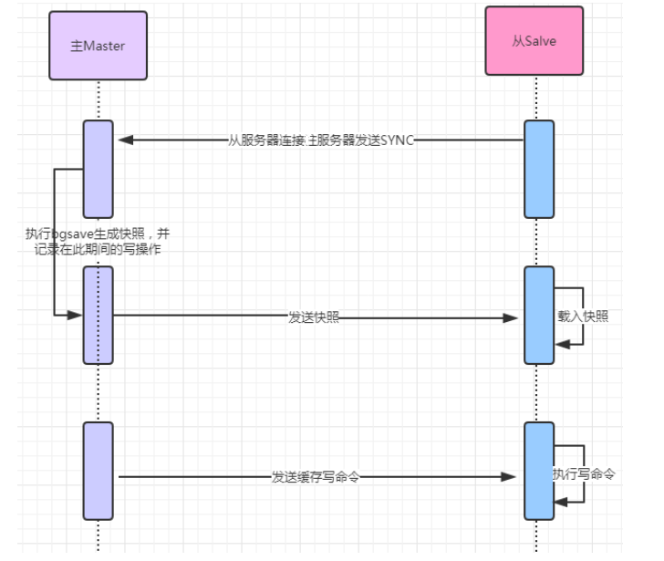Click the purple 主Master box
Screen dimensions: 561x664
pyautogui.click(x=98, y=46)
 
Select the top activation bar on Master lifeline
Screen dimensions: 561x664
pyautogui.click(x=98, y=169)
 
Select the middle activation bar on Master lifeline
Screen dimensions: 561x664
pyautogui.click(x=98, y=315)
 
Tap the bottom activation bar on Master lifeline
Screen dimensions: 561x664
pyautogui.click(x=98, y=470)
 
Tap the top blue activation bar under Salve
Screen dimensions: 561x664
pyautogui.click(x=538, y=169)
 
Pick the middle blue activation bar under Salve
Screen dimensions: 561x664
pyautogui.click(x=538, y=315)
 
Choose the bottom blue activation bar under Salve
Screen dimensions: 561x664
pyautogui.click(x=538, y=470)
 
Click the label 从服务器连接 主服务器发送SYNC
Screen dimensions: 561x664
pyautogui.click(x=321, y=140)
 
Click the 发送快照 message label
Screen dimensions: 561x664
pyautogui.click(x=314, y=317)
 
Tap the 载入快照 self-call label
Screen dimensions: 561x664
pyautogui.click(x=584, y=317)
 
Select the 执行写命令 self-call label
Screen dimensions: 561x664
pyautogui.click(x=584, y=474)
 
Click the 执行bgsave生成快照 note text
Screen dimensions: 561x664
pyautogui.click(x=97, y=242)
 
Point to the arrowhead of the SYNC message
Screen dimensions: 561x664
pyautogui.click(x=125, y=140)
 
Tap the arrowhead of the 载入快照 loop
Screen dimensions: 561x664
pyautogui.click(x=562, y=343)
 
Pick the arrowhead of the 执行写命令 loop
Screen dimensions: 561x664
pyautogui.click(x=562, y=501)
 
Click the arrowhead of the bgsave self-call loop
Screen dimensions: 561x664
pyautogui.click(x=76, y=315)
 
